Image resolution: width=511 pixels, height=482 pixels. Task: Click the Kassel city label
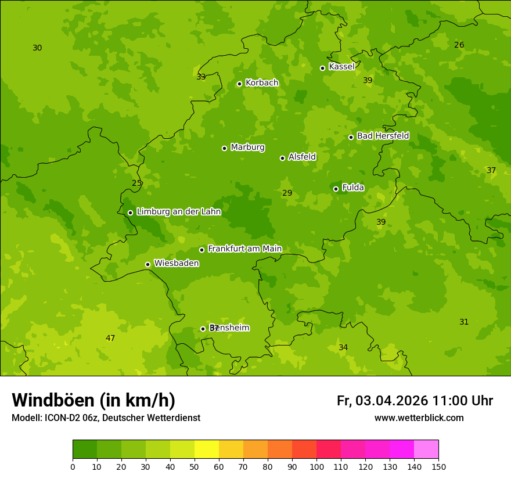(341, 67)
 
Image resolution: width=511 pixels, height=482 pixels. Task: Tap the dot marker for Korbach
(239, 84)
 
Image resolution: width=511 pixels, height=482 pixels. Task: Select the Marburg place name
(247, 148)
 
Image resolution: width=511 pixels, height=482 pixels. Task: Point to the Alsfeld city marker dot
(282, 158)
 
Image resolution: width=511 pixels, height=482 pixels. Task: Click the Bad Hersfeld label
(383, 136)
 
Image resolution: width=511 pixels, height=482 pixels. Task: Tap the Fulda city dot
(336, 189)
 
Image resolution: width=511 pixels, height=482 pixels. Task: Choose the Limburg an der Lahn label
(178, 212)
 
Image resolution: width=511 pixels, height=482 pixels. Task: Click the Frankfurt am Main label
(244, 249)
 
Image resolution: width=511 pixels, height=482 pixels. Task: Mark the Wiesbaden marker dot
(147, 264)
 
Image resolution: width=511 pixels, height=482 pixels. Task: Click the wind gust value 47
(110, 339)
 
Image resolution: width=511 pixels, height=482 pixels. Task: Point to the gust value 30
(37, 48)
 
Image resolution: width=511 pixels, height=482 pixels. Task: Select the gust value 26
(459, 45)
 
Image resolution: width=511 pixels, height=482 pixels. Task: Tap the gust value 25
(136, 184)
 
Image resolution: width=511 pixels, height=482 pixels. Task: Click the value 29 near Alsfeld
(287, 193)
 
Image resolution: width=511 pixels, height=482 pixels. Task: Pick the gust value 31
(464, 322)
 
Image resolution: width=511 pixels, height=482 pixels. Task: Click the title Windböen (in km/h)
(93, 400)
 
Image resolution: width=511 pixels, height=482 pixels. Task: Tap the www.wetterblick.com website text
(419, 418)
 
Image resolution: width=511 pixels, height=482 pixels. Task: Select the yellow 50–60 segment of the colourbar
(207, 449)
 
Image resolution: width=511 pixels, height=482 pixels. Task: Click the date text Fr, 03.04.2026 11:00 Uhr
(415, 401)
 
